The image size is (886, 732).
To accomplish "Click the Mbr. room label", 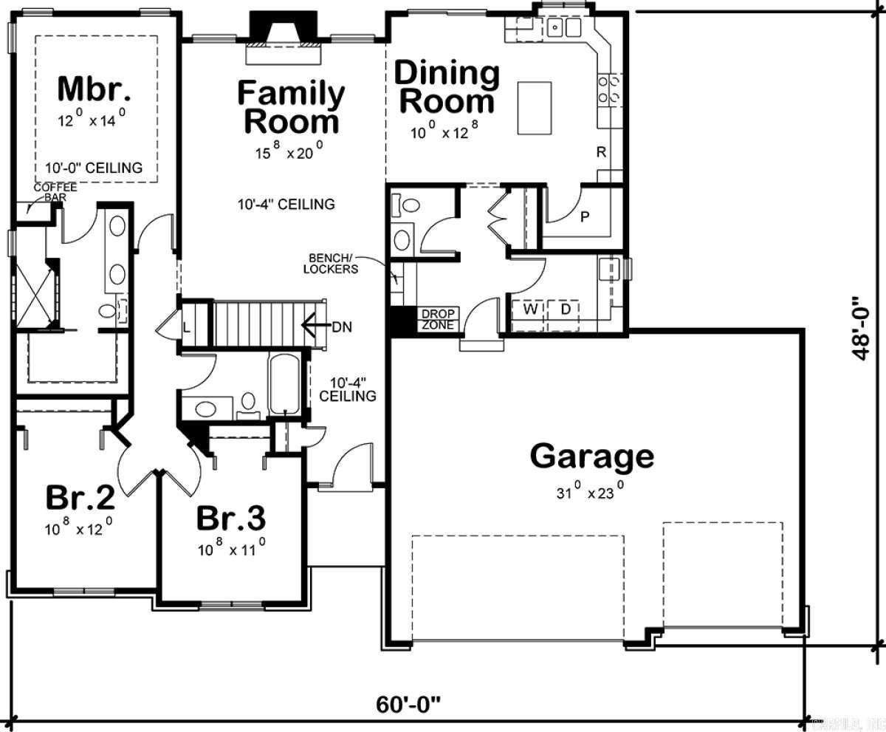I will (95, 89).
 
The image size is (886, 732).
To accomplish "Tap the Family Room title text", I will (291, 108).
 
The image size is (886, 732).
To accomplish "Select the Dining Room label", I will (447, 87).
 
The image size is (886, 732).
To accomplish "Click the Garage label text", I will (591, 456).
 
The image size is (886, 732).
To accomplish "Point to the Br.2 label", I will (80, 497).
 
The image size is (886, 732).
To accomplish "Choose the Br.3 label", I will (231, 519).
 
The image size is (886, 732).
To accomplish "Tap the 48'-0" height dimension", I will (858, 328).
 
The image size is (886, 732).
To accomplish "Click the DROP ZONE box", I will (439, 319).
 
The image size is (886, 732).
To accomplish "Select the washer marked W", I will (530, 309).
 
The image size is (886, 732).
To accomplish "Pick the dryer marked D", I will (565, 309).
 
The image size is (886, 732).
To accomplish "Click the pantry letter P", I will (584, 217).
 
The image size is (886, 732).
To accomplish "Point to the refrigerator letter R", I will (602, 153).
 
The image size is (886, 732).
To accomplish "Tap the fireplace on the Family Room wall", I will (284, 33).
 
